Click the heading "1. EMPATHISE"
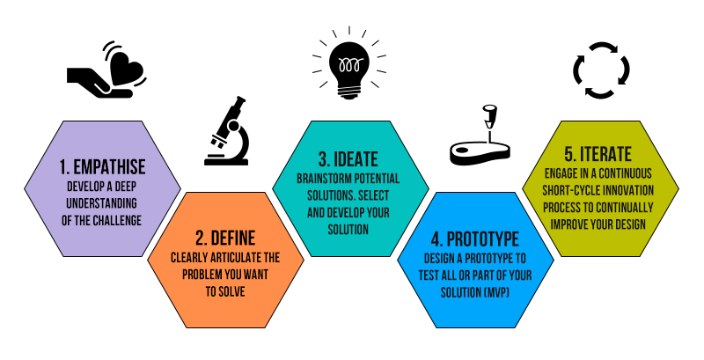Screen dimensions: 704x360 pos(102,166)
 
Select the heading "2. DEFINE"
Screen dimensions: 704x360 pos(225,238)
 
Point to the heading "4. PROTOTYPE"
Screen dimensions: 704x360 pos(475,239)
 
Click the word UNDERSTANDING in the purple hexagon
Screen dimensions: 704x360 pos(102,203)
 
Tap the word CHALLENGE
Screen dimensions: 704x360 pos(121,220)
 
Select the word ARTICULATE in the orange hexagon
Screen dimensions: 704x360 pos(224,258)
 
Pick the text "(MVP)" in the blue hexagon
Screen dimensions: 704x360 pos(510,291)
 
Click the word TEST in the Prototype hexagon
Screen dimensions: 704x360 pos(437,275)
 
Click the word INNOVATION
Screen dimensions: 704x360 pos(635,191)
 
